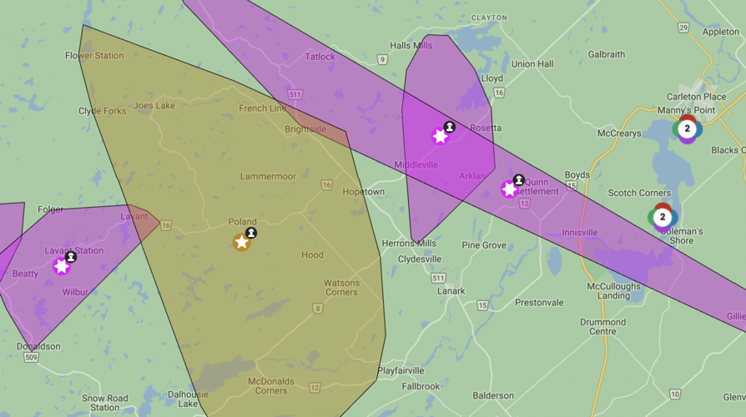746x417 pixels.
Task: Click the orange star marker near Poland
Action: click(x=241, y=242)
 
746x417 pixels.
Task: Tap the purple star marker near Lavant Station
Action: click(x=61, y=266)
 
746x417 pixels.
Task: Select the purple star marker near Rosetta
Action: click(x=440, y=136)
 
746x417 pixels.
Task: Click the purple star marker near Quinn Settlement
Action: click(x=509, y=189)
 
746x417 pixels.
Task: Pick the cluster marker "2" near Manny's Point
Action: click(x=687, y=128)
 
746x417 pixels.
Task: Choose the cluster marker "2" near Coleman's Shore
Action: click(x=663, y=218)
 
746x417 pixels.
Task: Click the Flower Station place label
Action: click(x=94, y=56)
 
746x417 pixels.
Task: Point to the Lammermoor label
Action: click(x=268, y=177)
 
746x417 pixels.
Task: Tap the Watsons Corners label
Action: click(x=341, y=288)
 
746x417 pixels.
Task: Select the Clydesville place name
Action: click(x=420, y=259)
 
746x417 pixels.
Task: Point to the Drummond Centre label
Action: click(x=602, y=327)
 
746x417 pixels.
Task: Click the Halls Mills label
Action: click(x=411, y=46)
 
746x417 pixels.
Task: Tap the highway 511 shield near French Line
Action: click(x=295, y=94)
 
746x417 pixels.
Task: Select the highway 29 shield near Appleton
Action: click(x=683, y=28)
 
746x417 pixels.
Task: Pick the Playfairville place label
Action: click(x=401, y=370)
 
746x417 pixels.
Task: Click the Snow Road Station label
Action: click(x=105, y=403)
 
